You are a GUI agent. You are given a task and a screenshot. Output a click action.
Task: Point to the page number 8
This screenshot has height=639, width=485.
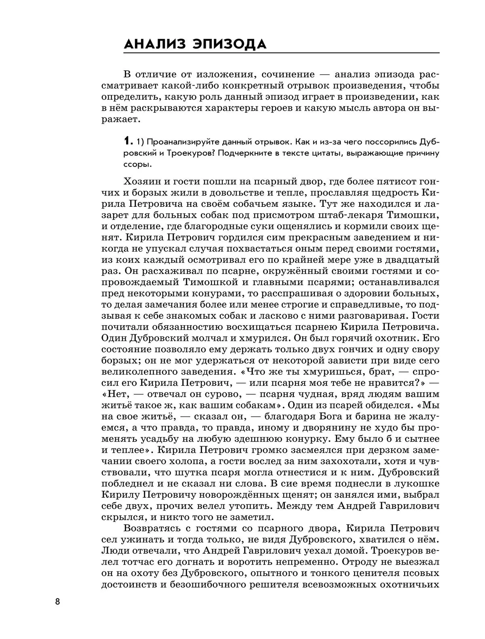57,601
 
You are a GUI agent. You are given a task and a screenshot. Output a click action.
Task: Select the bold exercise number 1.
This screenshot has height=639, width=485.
127,141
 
